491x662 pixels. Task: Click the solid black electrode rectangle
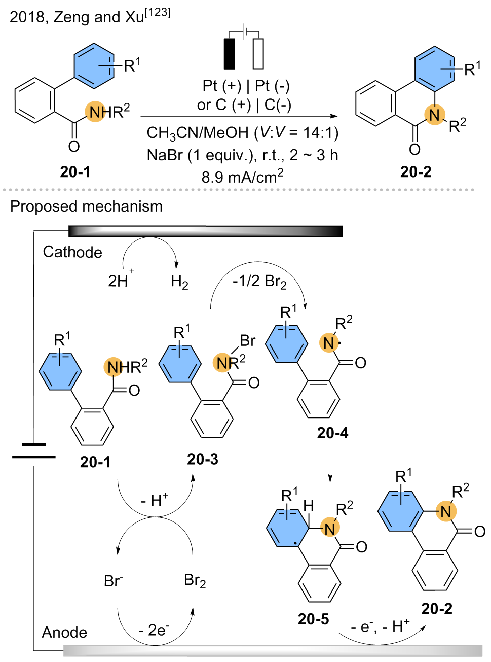pyautogui.click(x=229, y=54)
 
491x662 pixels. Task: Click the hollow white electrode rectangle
pyautogui.click(x=258, y=54)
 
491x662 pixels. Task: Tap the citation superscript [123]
pyautogui.click(x=158, y=13)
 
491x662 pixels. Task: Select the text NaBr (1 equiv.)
pyautogui.click(x=202, y=155)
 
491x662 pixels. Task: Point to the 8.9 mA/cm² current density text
pyautogui.click(x=242, y=176)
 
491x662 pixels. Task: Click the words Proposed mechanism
pyautogui.click(x=87, y=206)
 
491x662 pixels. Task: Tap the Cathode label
pyautogui.click(x=72, y=252)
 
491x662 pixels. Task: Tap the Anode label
pyautogui.click(x=64, y=632)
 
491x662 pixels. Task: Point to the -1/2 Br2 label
pyautogui.click(x=259, y=282)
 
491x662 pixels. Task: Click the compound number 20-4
pyautogui.click(x=332, y=433)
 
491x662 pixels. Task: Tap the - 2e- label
pyautogui.click(x=154, y=630)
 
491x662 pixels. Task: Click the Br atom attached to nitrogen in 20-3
pyautogui.click(x=248, y=340)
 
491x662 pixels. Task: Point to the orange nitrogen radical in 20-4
pyautogui.click(x=329, y=343)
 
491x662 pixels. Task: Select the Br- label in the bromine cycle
pyautogui.click(x=114, y=581)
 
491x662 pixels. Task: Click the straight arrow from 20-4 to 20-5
pyautogui.click(x=330, y=465)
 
